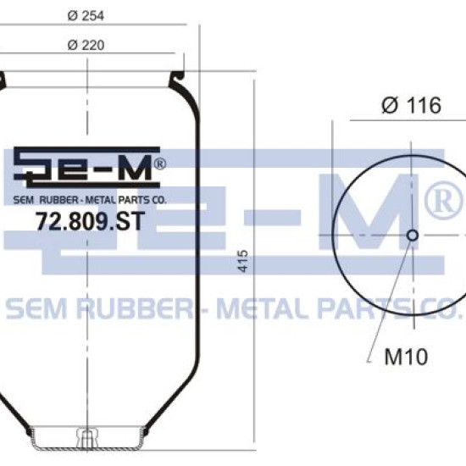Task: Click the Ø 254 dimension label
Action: pos(86,15)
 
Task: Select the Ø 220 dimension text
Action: pos(86,45)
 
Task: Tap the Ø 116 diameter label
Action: pos(411,105)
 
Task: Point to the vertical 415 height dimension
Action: pos(243,261)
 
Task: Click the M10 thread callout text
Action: pos(406,357)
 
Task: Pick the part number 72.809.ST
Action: pos(90,221)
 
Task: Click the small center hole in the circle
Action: pos(413,235)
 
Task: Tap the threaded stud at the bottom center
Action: pos(86,437)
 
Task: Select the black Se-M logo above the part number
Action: pos(86,167)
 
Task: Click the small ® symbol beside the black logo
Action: pos(160,164)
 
